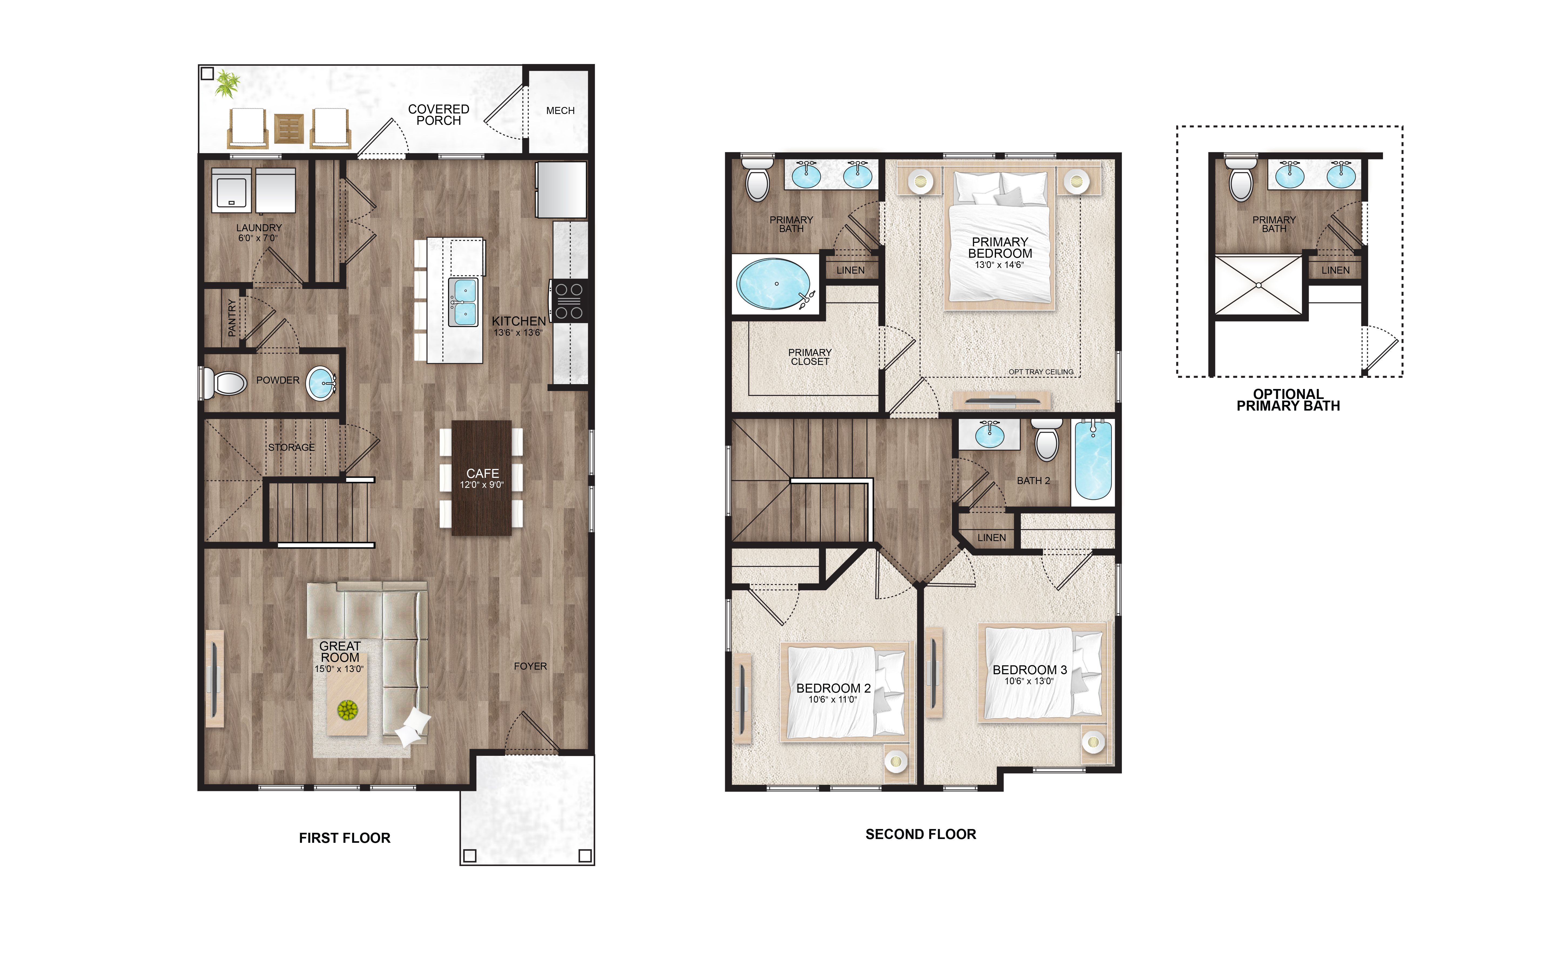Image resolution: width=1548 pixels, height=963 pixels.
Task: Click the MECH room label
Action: [560, 111]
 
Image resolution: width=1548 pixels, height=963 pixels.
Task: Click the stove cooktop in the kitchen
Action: [569, 301]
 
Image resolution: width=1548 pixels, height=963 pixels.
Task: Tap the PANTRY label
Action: [232, 318]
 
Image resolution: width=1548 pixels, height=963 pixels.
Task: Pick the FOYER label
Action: [530, 666]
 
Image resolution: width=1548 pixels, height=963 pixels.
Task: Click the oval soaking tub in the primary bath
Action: [774, 284]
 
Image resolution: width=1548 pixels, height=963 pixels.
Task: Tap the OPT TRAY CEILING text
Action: [1041, 372]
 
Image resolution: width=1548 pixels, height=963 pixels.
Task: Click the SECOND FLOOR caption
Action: [921, 834]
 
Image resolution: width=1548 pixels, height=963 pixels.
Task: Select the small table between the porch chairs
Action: [288, 129]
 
